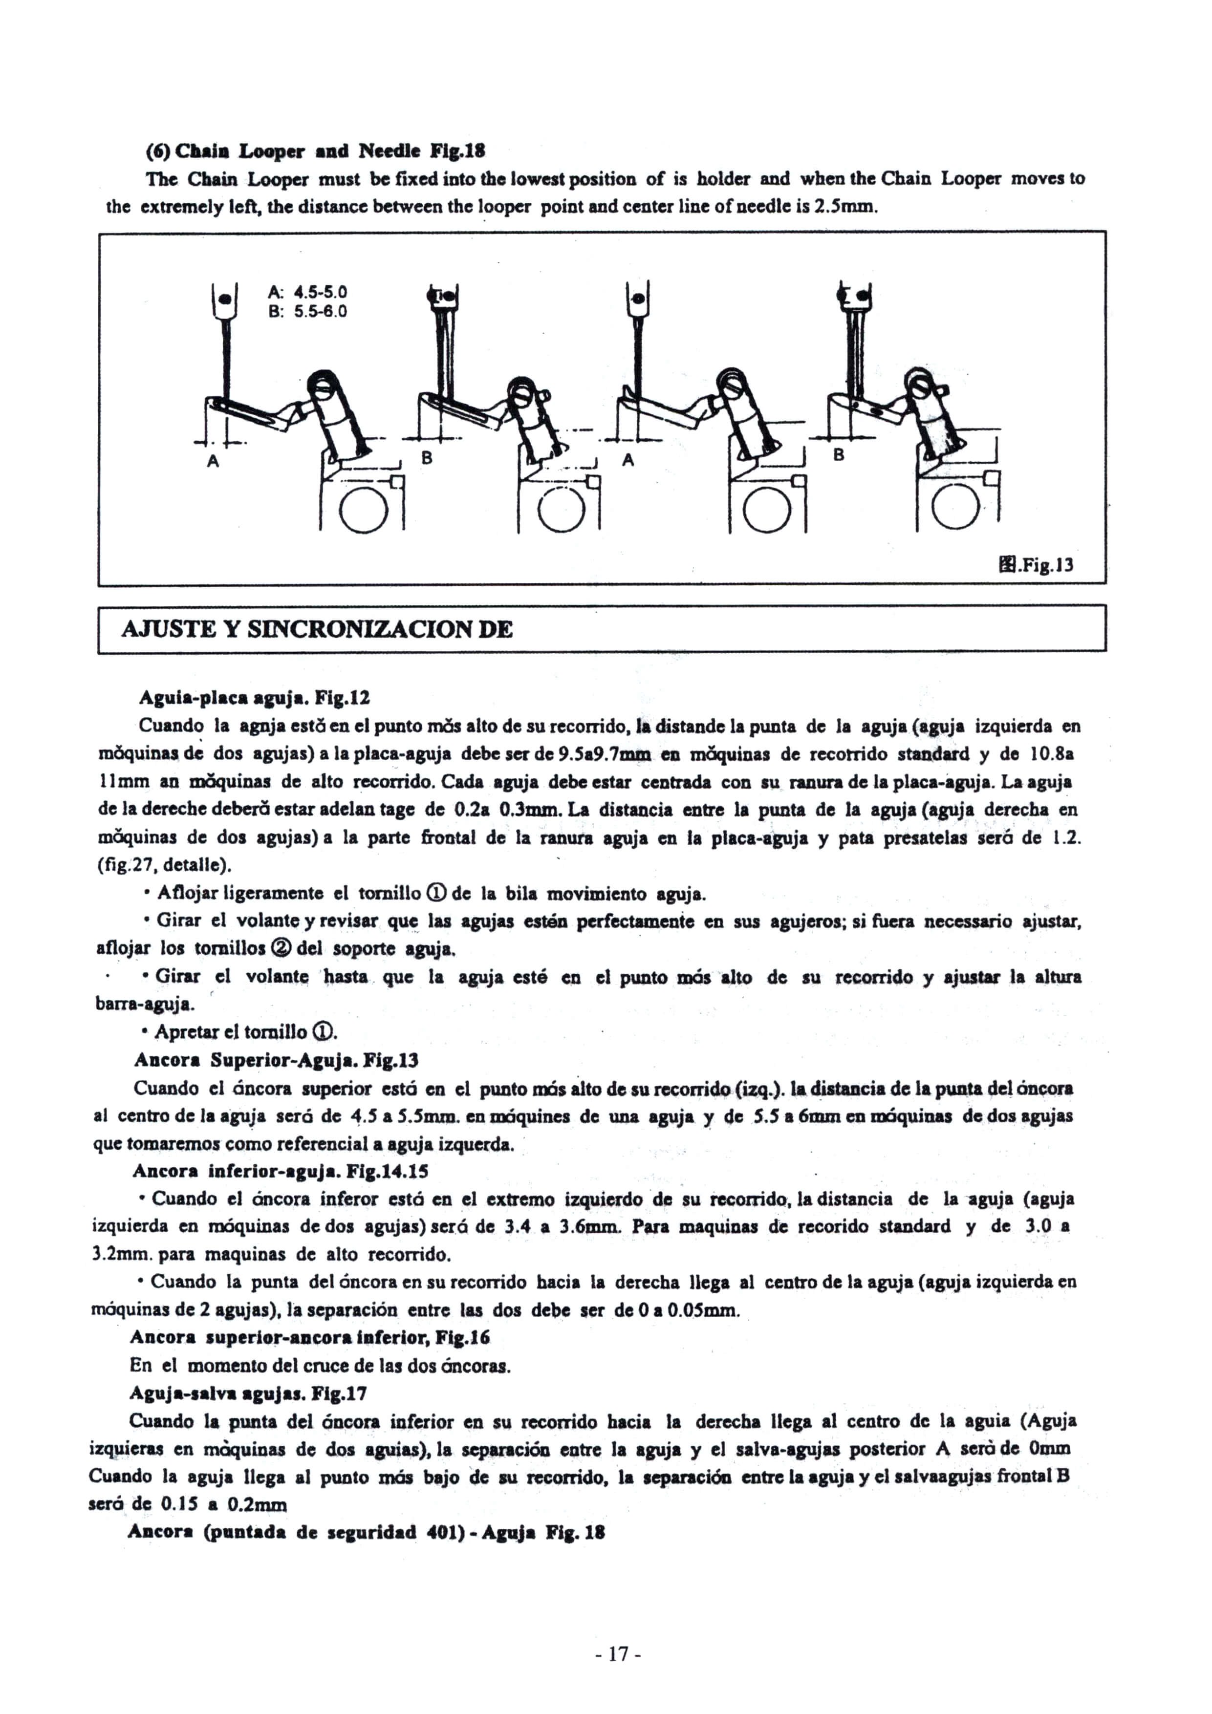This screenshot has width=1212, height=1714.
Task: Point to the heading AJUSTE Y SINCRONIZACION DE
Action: (317, 629)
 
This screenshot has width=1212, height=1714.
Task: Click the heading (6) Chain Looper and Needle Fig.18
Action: (314, 151)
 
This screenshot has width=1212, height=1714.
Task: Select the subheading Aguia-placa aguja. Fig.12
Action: (254, 698)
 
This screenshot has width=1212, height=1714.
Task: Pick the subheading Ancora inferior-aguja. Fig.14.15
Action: (280, 1171)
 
